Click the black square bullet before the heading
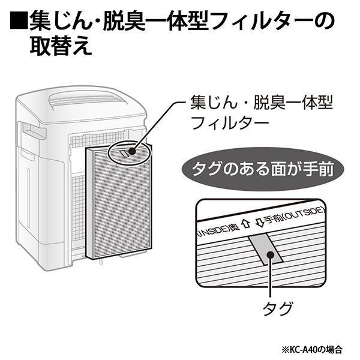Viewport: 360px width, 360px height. [17, 23]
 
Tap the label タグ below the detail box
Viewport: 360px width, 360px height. [278, 309]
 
